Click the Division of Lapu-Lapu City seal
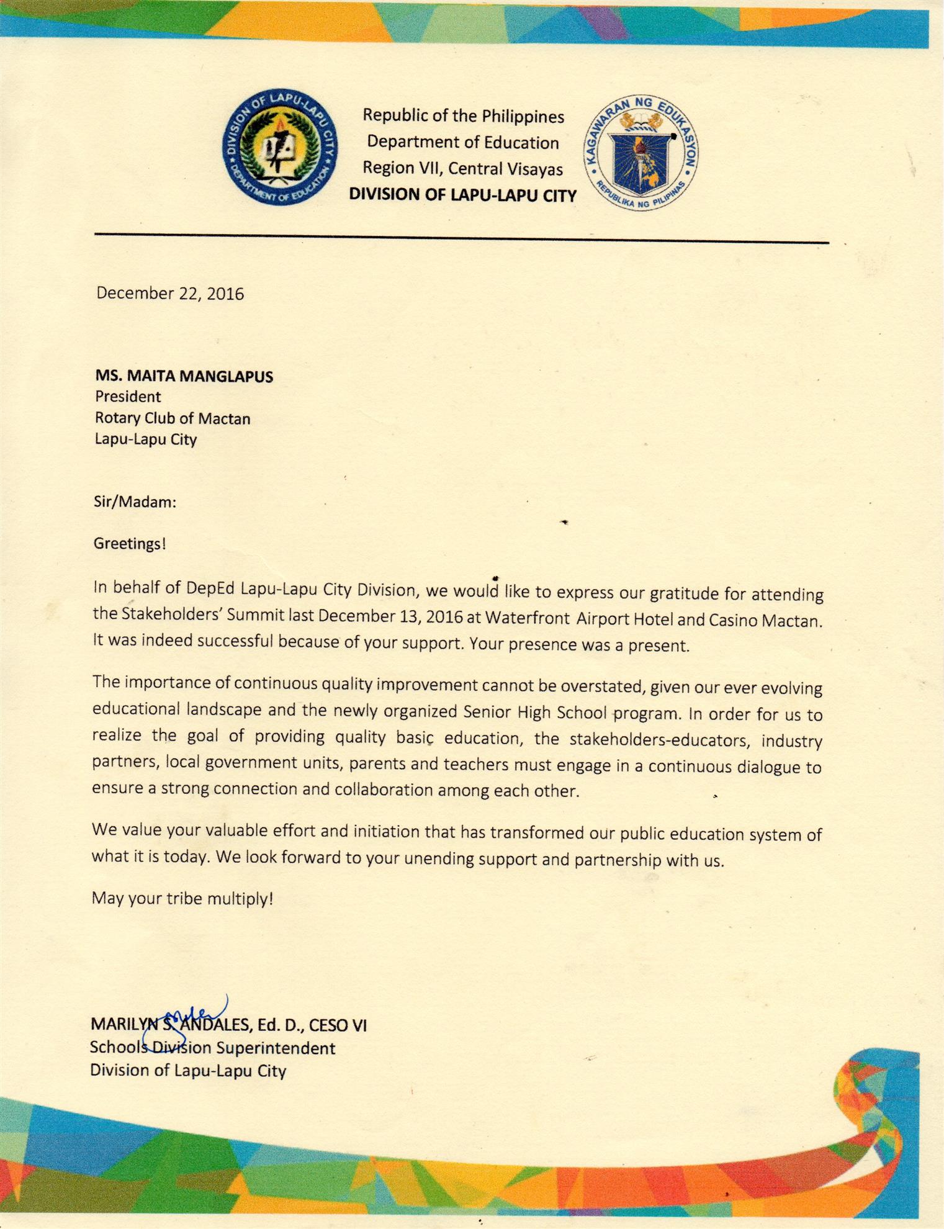click(280, 146)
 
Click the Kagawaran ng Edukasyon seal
click(641, 152)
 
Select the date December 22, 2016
click(170, 293)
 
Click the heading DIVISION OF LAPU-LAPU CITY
click(462, 195)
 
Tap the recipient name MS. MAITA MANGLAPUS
click(184, 376)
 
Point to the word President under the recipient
click(128, 397)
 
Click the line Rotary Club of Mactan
click(173, 418)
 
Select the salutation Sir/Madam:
click(135, 502)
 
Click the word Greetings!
click(130, 544)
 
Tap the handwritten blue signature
click(186, 1018)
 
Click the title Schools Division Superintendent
click(212, 1048)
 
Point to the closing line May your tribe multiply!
click(182, 898)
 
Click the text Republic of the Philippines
click(463, 116)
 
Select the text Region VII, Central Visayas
click(462, 168)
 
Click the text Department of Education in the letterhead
click(462, 142)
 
